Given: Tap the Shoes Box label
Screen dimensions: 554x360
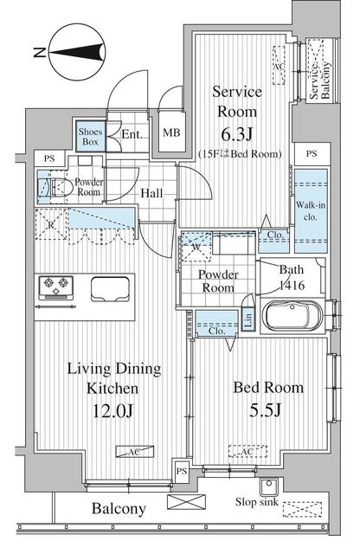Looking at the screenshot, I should [x=91, y=137].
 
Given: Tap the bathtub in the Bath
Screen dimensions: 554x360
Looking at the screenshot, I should [x=293, y=316].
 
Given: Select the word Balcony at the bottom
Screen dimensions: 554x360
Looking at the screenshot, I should [x=119, y=509].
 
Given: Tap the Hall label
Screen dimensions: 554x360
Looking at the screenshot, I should [x=155, y=194].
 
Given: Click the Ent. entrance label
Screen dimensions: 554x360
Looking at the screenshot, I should [x=133, y=134].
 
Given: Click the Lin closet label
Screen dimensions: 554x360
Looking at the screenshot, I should [x=247, y=321].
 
